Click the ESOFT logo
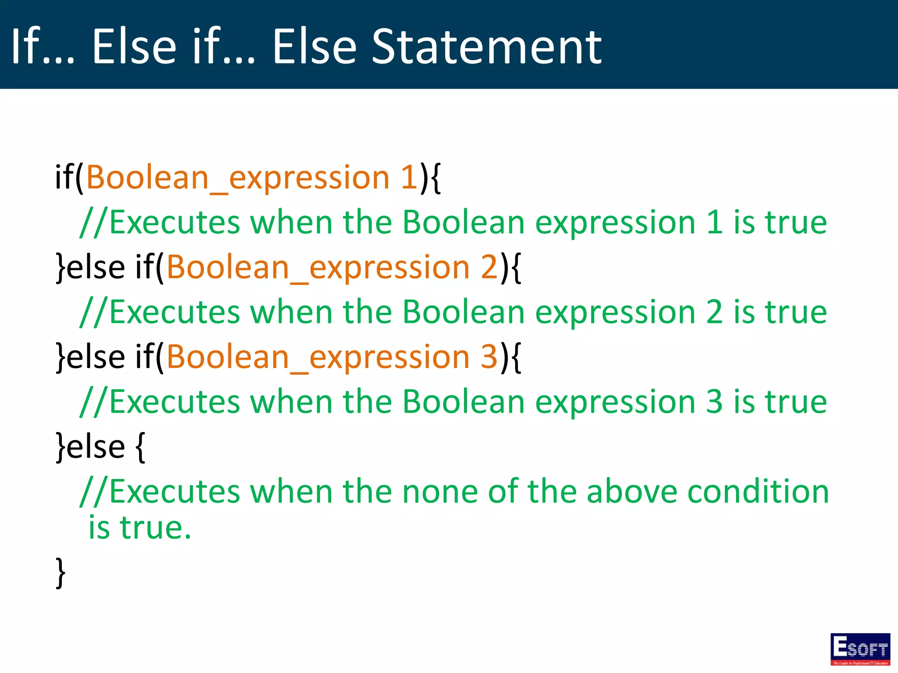(860, 648)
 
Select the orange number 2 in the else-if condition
(489, 267)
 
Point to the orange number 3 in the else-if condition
(489, 357)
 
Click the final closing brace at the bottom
(61, 572)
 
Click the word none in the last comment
(440, 492)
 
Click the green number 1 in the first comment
(714, 222)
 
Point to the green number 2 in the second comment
(714, 312)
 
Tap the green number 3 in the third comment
(714, 401)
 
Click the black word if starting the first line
(64, 177)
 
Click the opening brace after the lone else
(140, 447)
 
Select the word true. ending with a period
(156, 528)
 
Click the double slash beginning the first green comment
(93, 222)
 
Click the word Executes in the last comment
(175, 492)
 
